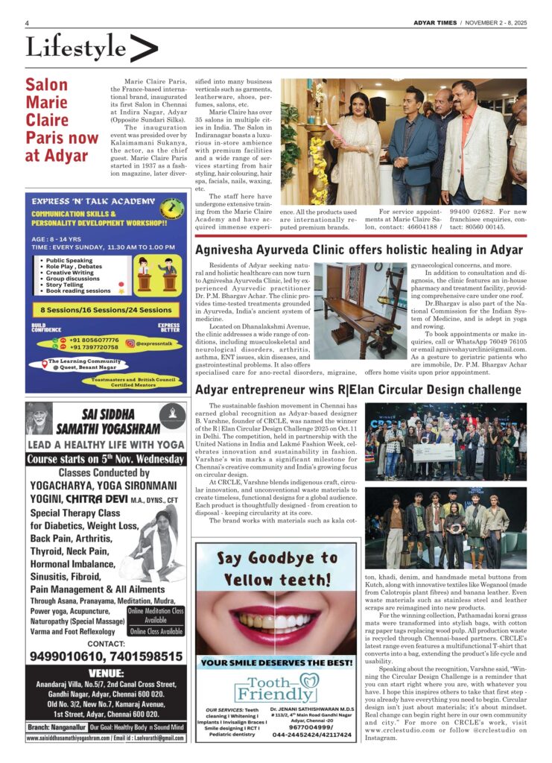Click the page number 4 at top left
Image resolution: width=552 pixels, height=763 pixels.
pyautogui.click(x=28, y=23)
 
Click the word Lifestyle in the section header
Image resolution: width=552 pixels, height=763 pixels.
pyautogui.click(x=76, y=49)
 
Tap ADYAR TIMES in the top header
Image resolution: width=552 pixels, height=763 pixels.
pyautogui.click(x=436, y=23)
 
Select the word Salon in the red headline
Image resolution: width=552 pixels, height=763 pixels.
pyautogui.click(x=46, y=85)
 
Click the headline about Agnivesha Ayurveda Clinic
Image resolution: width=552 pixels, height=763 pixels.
pyautogui.click(x=358, y=250)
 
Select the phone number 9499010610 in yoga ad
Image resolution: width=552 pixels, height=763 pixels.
pyautogui.click(x=63, y=656)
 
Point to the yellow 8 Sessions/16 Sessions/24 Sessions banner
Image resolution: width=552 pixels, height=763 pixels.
pyautogui.click(x=106, y=309)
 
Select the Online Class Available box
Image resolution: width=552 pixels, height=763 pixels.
pyautogui.click(x=156, y=631)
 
